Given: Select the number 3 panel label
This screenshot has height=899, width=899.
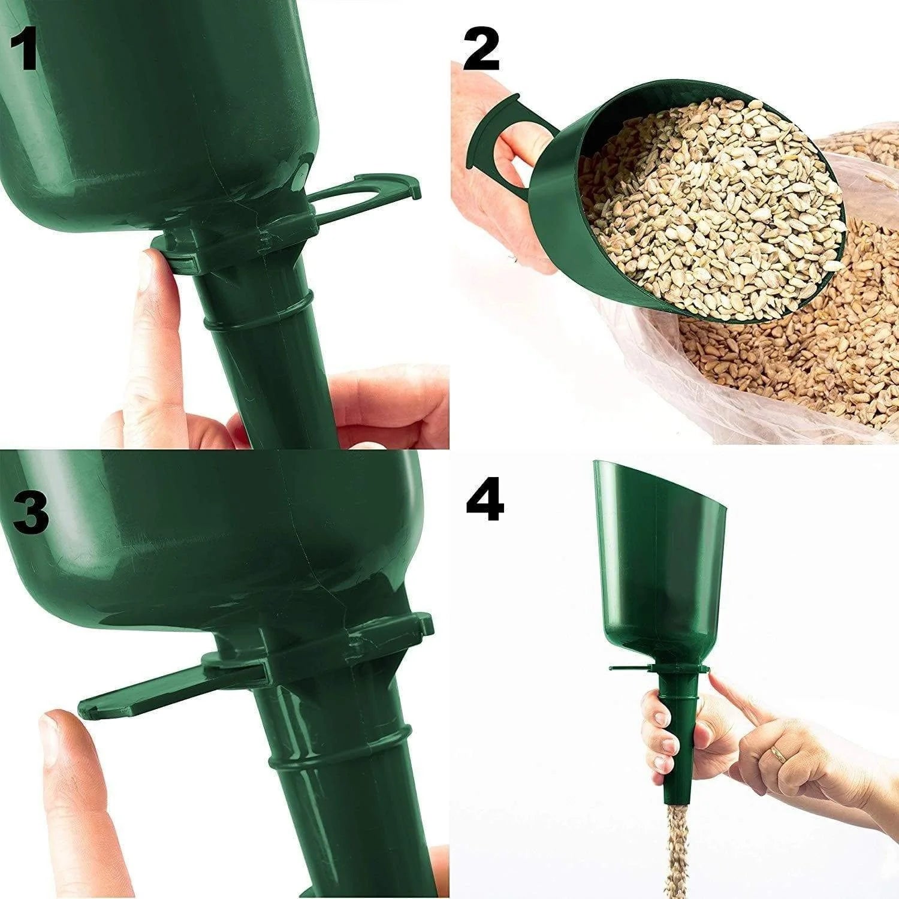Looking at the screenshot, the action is tap(31, 509).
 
